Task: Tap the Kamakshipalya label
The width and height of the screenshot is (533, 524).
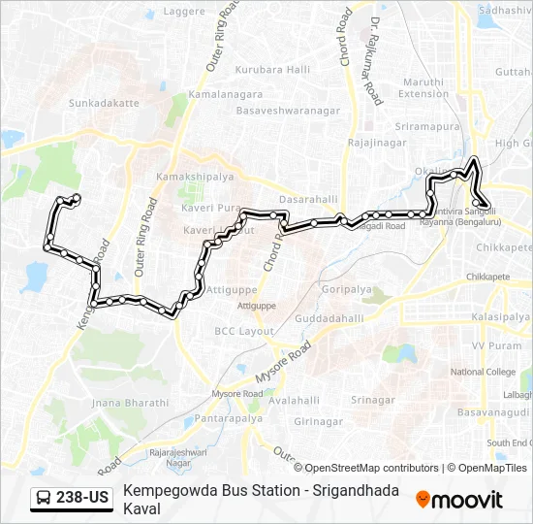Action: [194, 178]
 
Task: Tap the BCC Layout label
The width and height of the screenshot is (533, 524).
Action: [243, 331]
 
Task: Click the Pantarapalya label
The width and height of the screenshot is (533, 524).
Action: [228, 418]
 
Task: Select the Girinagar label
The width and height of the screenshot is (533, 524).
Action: [320, 422]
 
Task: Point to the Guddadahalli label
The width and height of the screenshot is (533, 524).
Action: [329, 318]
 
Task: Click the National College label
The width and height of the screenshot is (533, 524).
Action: [483, 372]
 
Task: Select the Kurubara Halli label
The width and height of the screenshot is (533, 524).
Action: [272, 70]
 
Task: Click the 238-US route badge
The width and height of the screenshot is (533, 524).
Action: [72, 499]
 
